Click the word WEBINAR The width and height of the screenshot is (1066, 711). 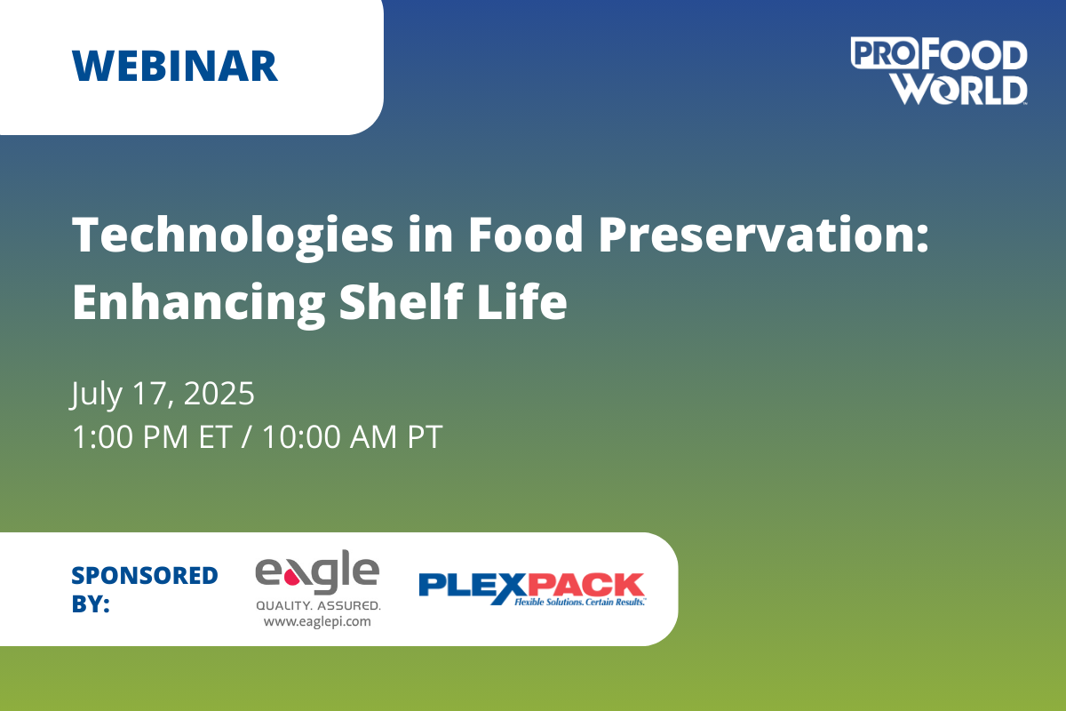tap(175, 66)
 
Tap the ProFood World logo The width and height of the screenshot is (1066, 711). tap(938, 71)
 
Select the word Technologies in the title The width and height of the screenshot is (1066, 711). tap(233, 236)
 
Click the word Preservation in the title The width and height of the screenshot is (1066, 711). tap(763, 235)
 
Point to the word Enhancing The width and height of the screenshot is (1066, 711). tap(198, 303)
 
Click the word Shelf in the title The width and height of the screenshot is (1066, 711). tap(402, 300)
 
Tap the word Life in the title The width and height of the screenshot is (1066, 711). tap(522, 300)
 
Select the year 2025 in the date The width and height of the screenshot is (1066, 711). tap(219, 394)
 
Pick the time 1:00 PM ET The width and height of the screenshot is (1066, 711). tap(152, 436)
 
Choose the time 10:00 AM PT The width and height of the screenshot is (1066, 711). tap(353, 436)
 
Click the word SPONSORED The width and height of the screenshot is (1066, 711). tap(145, 575)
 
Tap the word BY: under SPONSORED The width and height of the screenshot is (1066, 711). tap(91, 603)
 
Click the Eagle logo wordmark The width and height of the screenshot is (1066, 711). tap(317, 572)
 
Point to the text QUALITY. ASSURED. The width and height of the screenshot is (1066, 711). tap(318, 606)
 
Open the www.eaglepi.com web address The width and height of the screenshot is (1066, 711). tap(317, 621)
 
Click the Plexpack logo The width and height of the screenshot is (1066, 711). tap(532, 589)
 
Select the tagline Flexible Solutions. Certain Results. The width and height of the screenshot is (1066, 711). tap(579, 602)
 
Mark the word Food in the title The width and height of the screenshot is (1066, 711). tap(526, 235)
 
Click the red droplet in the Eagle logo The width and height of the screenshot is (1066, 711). tap(291, 577)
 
